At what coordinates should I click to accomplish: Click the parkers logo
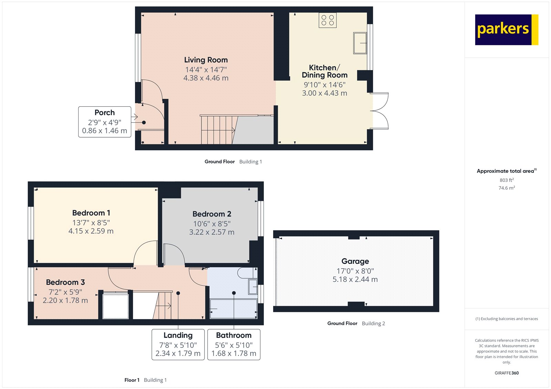click(x=506, y=30)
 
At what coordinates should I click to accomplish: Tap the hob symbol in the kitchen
click(x=328, y=20)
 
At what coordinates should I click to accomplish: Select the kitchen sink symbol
click(x=360, y=43)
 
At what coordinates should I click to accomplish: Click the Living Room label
click(x=206, y=60)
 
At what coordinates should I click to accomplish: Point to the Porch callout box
click(x=105, y=122)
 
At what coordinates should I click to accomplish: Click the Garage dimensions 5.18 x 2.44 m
click(x=355, y=280)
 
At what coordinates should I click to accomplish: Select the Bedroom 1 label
click(x=91, y=213)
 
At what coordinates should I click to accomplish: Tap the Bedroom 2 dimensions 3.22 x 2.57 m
click(x=211, y=232)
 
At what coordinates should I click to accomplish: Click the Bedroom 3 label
click(x=65, y=282)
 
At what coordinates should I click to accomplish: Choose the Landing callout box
click(x=178, y=344)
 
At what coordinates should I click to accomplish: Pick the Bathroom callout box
click(x=234, y=344)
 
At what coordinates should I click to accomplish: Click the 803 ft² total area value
click(x=507, y=180)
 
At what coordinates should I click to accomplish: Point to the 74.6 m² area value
click(x=507, y=188)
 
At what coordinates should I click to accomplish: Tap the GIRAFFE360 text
click(x=507, y=373)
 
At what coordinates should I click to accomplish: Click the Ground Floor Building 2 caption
click(x=356, y=323)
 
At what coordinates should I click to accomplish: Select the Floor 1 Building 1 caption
click(x=145, y=380)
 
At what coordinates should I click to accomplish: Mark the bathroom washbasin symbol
click(x=253, y=287)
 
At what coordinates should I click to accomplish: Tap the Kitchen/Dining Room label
click(x=324, y=72)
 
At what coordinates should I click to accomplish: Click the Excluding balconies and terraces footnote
click(x=507, y=319)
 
